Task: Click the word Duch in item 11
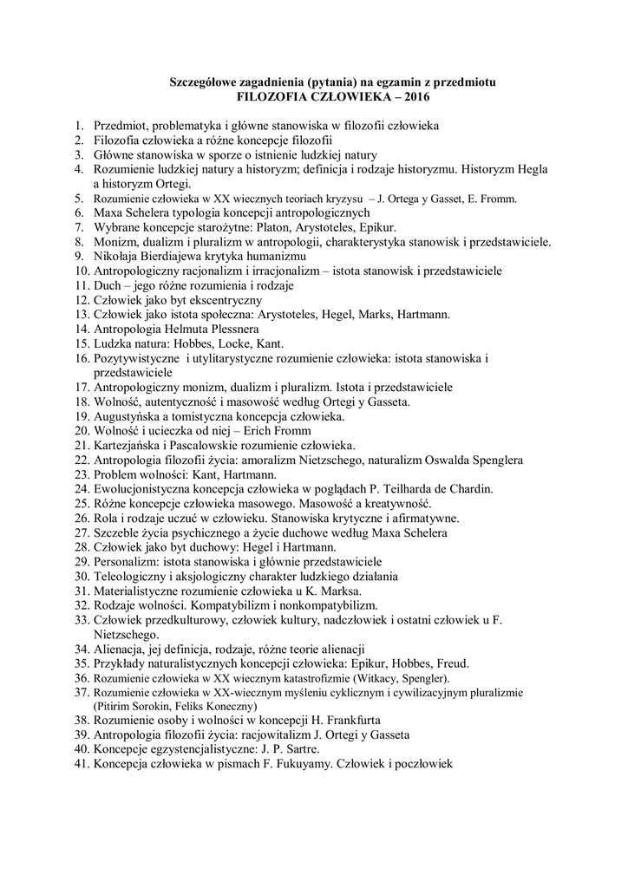tap(108, 285)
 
